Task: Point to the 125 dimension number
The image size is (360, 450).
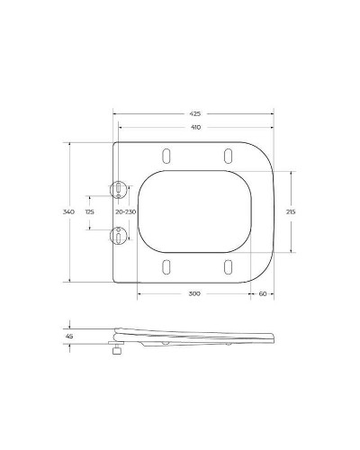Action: [x=89, y=211]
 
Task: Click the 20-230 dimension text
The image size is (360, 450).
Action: [x=126, y=211]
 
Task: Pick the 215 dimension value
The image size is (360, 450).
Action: [x=290, y=211]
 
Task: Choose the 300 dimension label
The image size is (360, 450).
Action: [x=195, y=294]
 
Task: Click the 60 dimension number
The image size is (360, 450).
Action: [x=262, y=294]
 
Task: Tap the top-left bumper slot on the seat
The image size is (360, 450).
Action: [x=166, y=155]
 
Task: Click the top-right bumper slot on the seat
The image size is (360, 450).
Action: [x=228, y=155]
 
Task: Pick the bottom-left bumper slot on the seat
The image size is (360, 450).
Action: [x=166, y=267]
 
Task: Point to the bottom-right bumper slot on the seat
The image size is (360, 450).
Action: [x=228, y=267]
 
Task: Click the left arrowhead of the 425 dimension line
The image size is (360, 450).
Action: [x=115, y=113]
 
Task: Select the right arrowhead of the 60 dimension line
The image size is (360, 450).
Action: [x=273, y=294]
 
